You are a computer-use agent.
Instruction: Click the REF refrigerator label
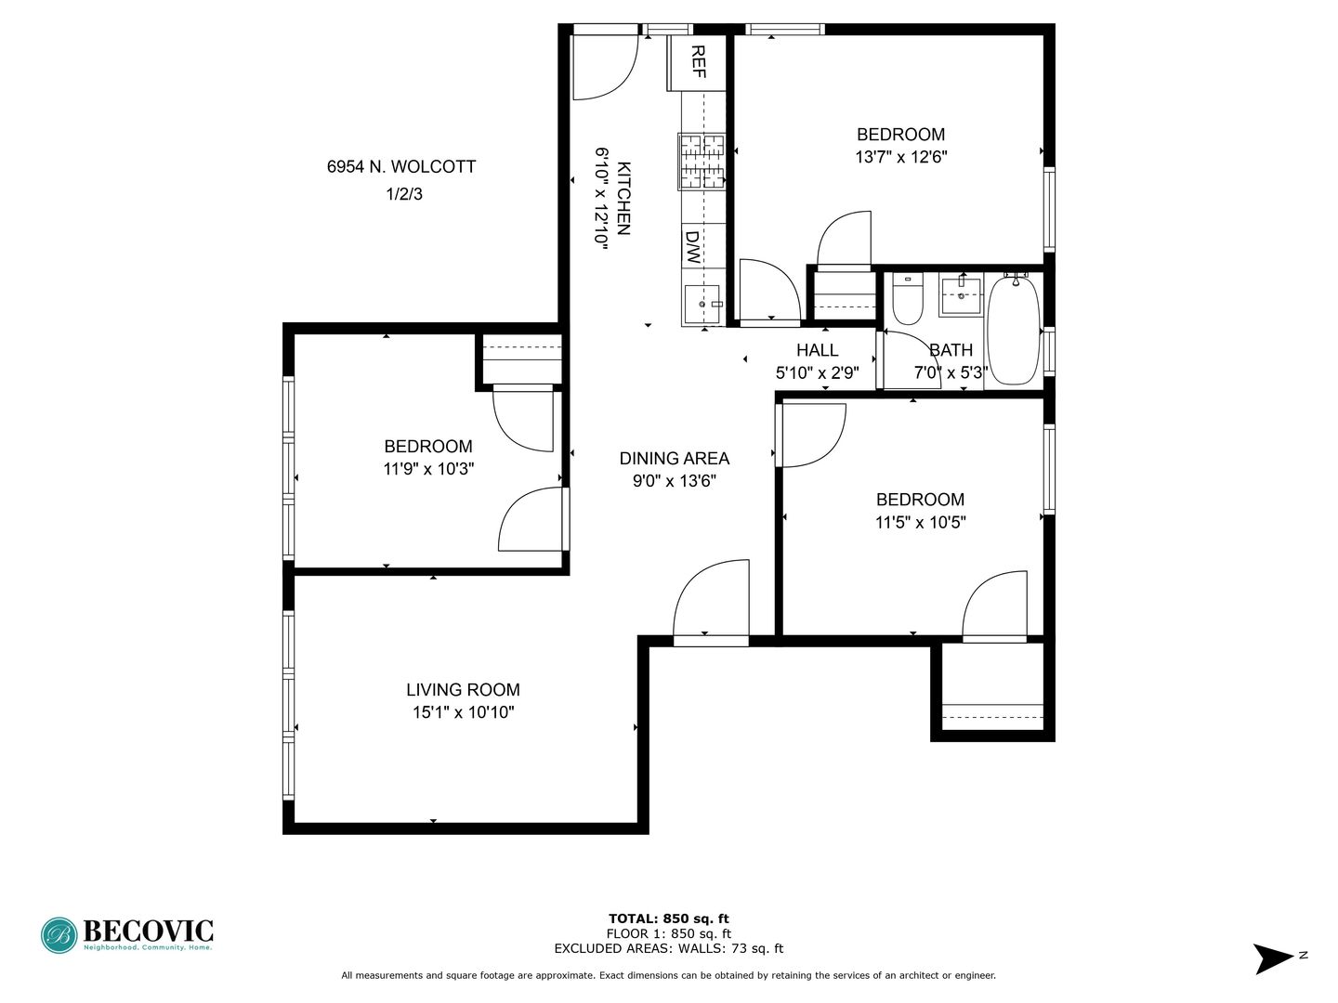pos(699,62)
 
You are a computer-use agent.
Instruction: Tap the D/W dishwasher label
pos(692,247)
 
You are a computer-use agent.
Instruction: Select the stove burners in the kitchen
pos(702,162)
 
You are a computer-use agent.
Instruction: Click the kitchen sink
pos(702,304)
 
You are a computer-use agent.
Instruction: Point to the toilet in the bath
pos(907,299)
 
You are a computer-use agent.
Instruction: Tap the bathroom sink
pos(962,296)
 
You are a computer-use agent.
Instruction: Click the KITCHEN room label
pos(623,199)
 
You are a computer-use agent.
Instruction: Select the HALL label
pos(818,350)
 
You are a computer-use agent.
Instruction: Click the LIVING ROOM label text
pos(464,690)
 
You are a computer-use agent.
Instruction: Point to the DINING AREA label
pos(675,459)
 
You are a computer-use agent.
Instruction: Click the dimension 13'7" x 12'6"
pos(901,157)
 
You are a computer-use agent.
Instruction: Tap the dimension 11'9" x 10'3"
pos(428,469)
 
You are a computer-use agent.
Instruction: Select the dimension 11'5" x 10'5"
pos(921,523)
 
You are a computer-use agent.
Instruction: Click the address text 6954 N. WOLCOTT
pos(401,167)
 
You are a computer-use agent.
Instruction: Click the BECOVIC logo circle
pos(59,935)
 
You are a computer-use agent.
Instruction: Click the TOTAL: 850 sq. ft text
pos(669,919)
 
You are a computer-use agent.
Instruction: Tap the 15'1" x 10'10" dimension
pos(464,712)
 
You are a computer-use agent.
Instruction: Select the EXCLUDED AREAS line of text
pos(669,948)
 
